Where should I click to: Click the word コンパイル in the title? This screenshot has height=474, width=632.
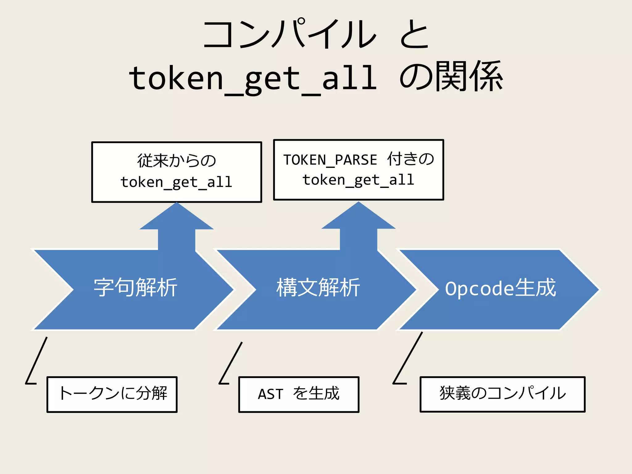[289, 34]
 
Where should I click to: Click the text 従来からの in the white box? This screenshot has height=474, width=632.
[177, 160]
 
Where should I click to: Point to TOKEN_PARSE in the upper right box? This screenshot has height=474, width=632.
[330, 160]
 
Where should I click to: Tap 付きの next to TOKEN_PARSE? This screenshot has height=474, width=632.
[410, 159]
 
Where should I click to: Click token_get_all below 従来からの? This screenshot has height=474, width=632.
[176, 182]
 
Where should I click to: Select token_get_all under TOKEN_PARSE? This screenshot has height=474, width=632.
[358, 180]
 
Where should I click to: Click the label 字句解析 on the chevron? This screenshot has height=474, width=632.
[135, 288]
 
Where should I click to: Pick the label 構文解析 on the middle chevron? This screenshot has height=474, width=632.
[318, 288]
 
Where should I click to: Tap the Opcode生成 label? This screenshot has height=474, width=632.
[500, 288]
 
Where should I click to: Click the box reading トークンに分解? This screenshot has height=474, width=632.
[112, 394]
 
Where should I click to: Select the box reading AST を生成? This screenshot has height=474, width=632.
[299, 394]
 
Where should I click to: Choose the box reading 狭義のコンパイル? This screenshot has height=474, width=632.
[502, 394]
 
